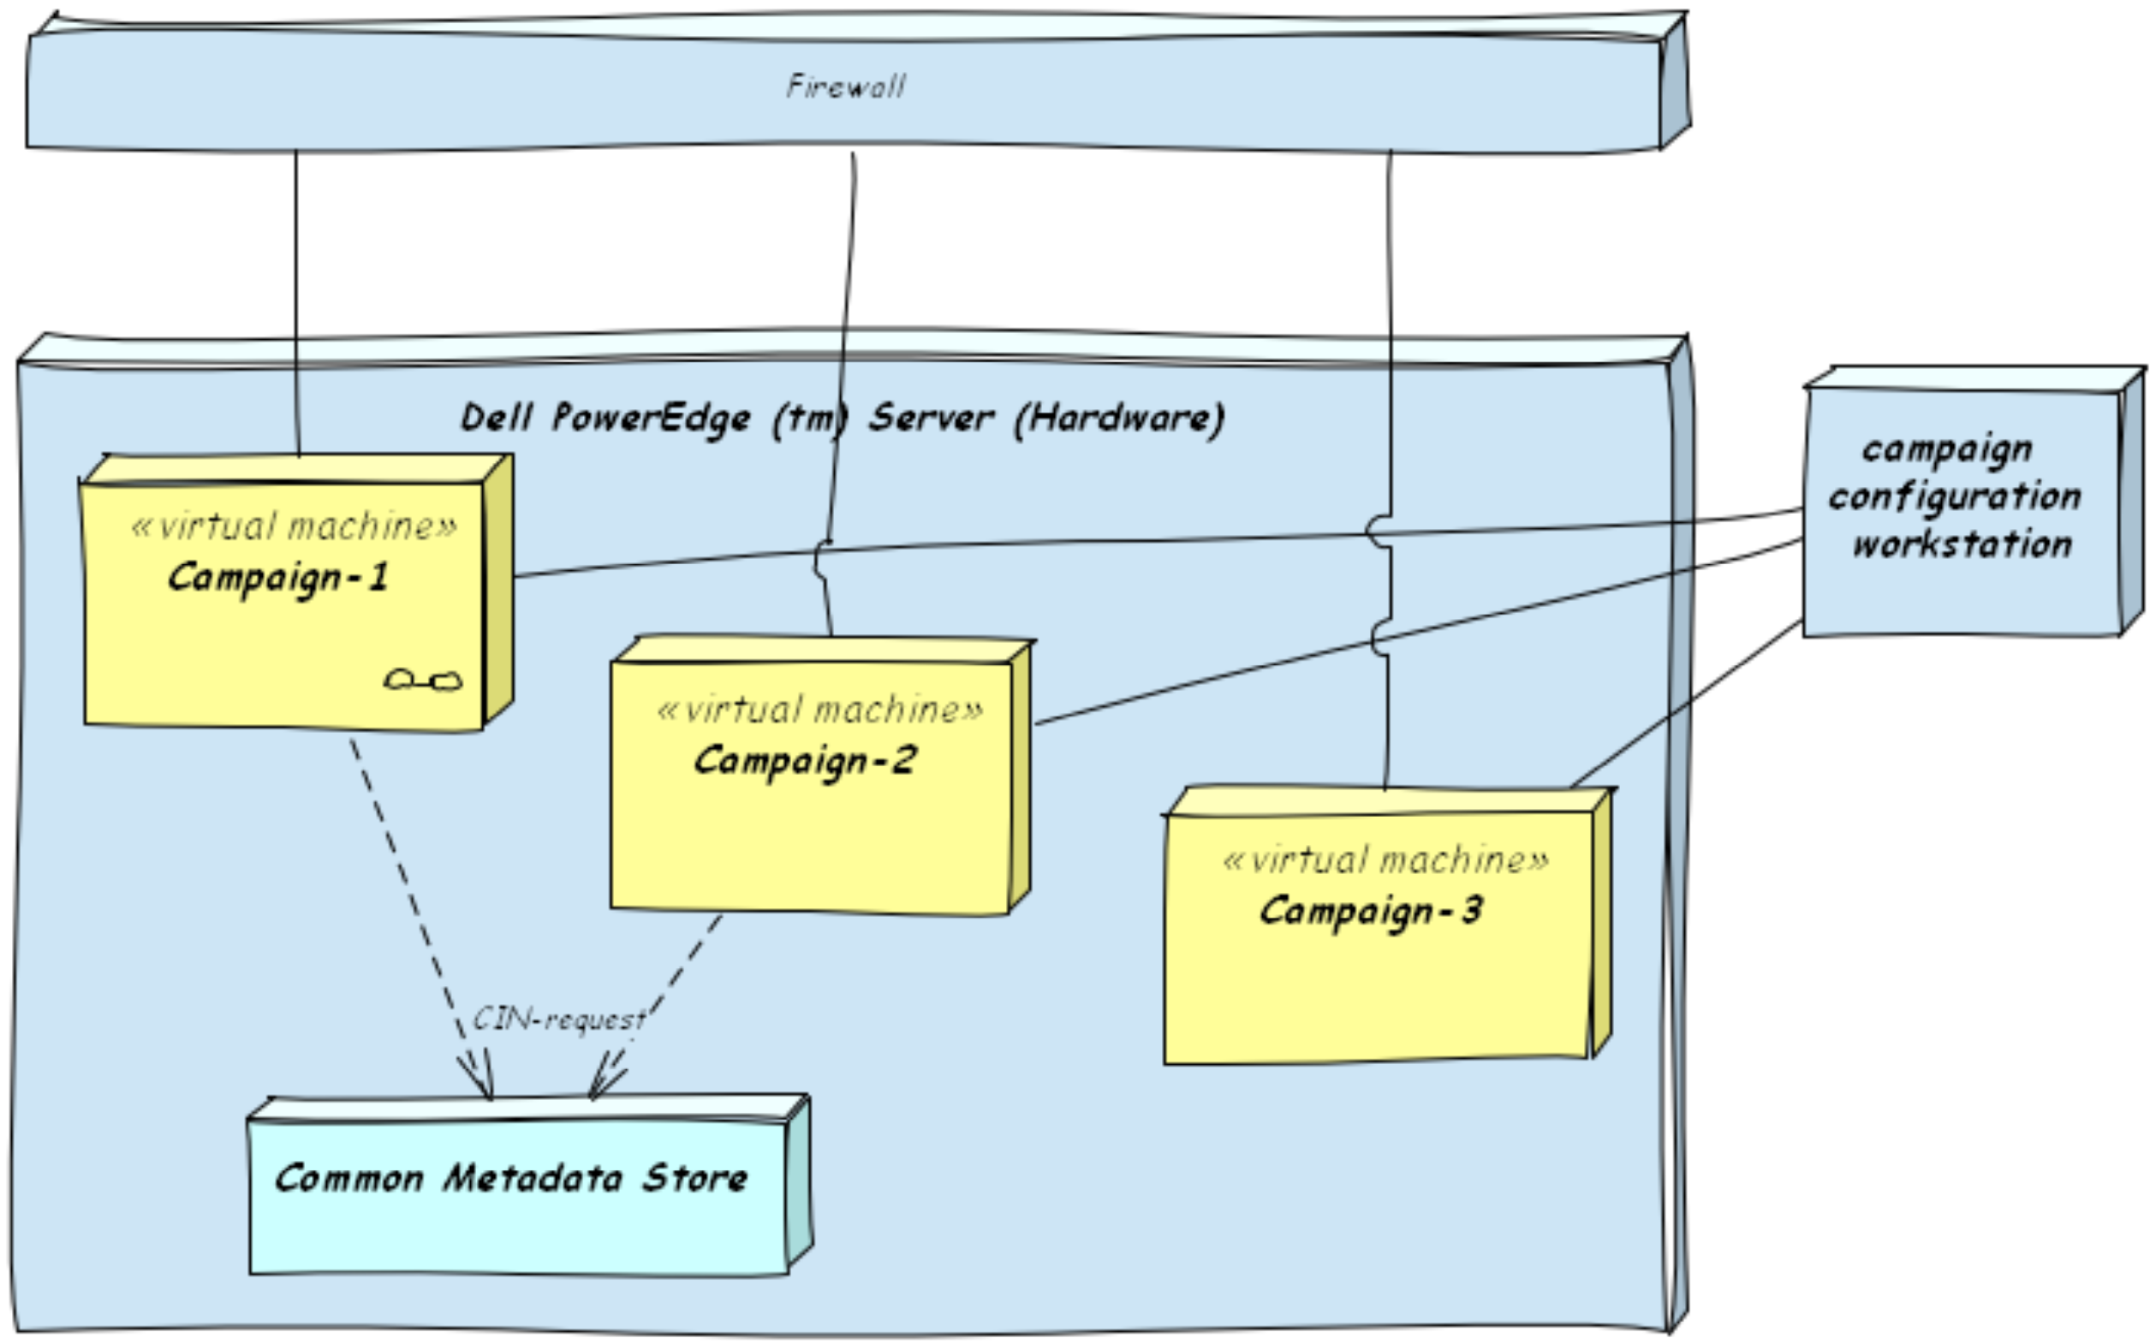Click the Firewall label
[x=845, y=87]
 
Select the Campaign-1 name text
[x=278, y=578]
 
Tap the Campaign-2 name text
[x=804, y=761]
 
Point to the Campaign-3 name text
[x=1371, y=911]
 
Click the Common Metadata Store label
[x=511, y=1179]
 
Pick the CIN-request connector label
[x=558, y=1019]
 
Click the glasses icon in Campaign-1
[x=423, y=681]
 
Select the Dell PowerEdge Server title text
[x=842, y=418]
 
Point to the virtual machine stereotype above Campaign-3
[x=1386, y=860]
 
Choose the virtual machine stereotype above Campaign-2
[x=819, y=711]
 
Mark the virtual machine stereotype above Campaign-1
[x=295, y=527]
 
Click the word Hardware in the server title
[x=1119, y=418]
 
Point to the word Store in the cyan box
[x=695, y=1179]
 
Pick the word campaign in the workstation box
[x=1947, y=449]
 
